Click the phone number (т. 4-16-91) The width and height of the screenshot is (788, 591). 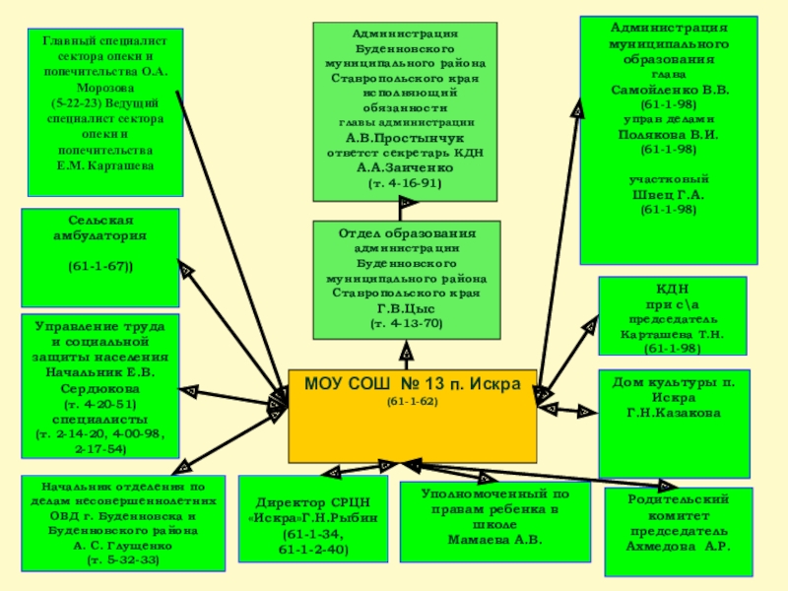(405, 183)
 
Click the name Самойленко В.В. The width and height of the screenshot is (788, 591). (668, 88)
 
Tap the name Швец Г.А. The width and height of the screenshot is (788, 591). (668, 194)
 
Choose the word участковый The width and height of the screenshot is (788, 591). (668, 179)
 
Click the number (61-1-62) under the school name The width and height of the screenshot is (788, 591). (412, 401)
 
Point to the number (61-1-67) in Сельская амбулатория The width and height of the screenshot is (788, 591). (100, 267)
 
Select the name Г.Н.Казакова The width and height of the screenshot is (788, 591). (675, 413)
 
